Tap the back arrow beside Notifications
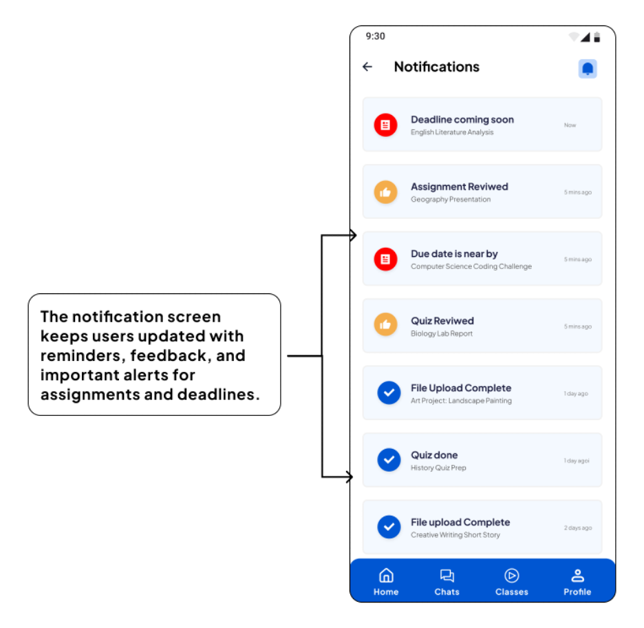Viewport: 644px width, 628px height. click(367, 67)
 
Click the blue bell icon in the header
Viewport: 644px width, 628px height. click(588, 69)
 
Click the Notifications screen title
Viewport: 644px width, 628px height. click(436, 67)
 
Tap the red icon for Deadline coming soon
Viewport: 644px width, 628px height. click(385, 125)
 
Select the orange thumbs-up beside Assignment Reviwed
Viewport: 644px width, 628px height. click(385, 192)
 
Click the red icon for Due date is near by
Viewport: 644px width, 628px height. click(385, 259)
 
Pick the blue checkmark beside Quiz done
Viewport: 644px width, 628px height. click(389, 459)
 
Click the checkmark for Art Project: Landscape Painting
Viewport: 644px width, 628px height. click(389, 392)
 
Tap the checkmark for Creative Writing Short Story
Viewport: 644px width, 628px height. click(389, 527)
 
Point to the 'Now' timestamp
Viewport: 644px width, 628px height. click(570, 125)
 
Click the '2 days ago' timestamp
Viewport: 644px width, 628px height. click(577, 528)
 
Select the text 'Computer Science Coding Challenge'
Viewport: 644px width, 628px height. click(471, 266)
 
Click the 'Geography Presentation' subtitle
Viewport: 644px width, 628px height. click(451, 200)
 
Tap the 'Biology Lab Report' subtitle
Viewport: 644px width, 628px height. click(442, 334)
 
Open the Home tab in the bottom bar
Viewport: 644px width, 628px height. click(386, 581)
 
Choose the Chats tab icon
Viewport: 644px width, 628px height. click(447, 576)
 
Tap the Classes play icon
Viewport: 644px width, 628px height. click(511, 576)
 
